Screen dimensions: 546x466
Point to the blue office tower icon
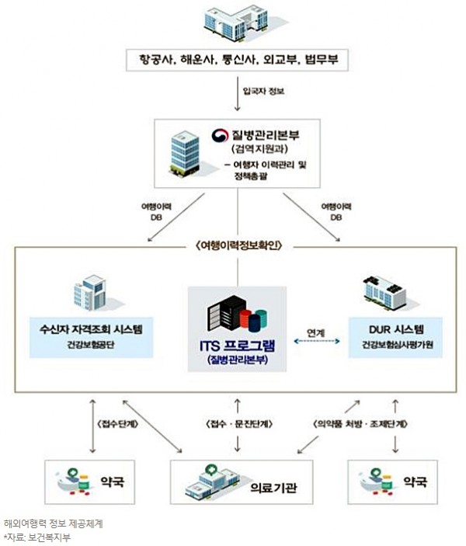point(185,154)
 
